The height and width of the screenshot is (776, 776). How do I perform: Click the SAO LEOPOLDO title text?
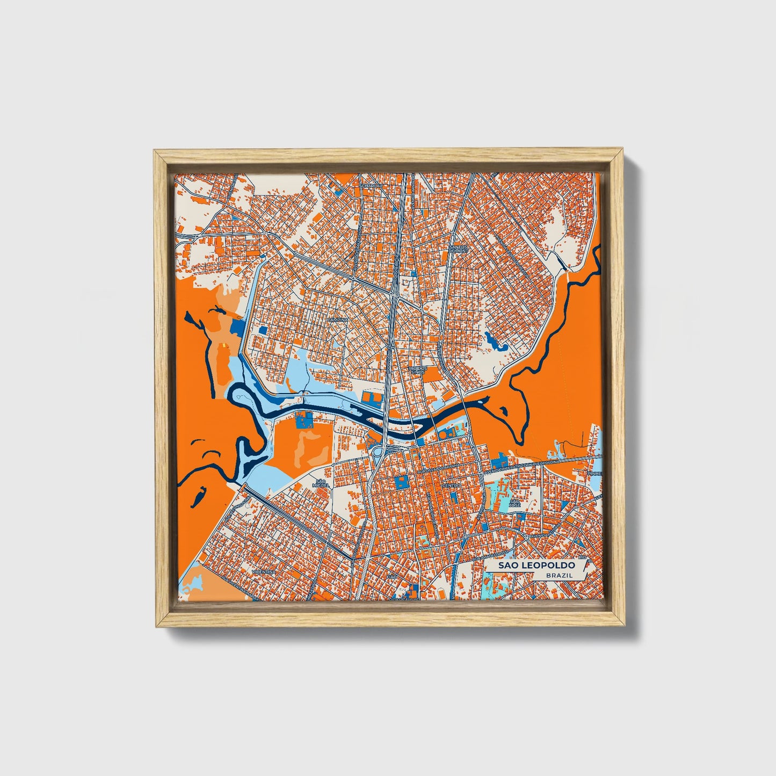pos(536,565)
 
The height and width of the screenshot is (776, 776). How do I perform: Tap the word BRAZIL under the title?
pos(559,575)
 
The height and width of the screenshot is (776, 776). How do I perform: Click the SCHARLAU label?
pos(372,185)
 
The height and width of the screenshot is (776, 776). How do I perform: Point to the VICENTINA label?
pos(266,572)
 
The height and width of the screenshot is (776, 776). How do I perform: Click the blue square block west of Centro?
pos(401,482)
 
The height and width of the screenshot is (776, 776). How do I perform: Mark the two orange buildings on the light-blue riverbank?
pos(371,398)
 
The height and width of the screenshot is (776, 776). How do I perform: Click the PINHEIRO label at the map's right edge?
pos(594,474)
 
